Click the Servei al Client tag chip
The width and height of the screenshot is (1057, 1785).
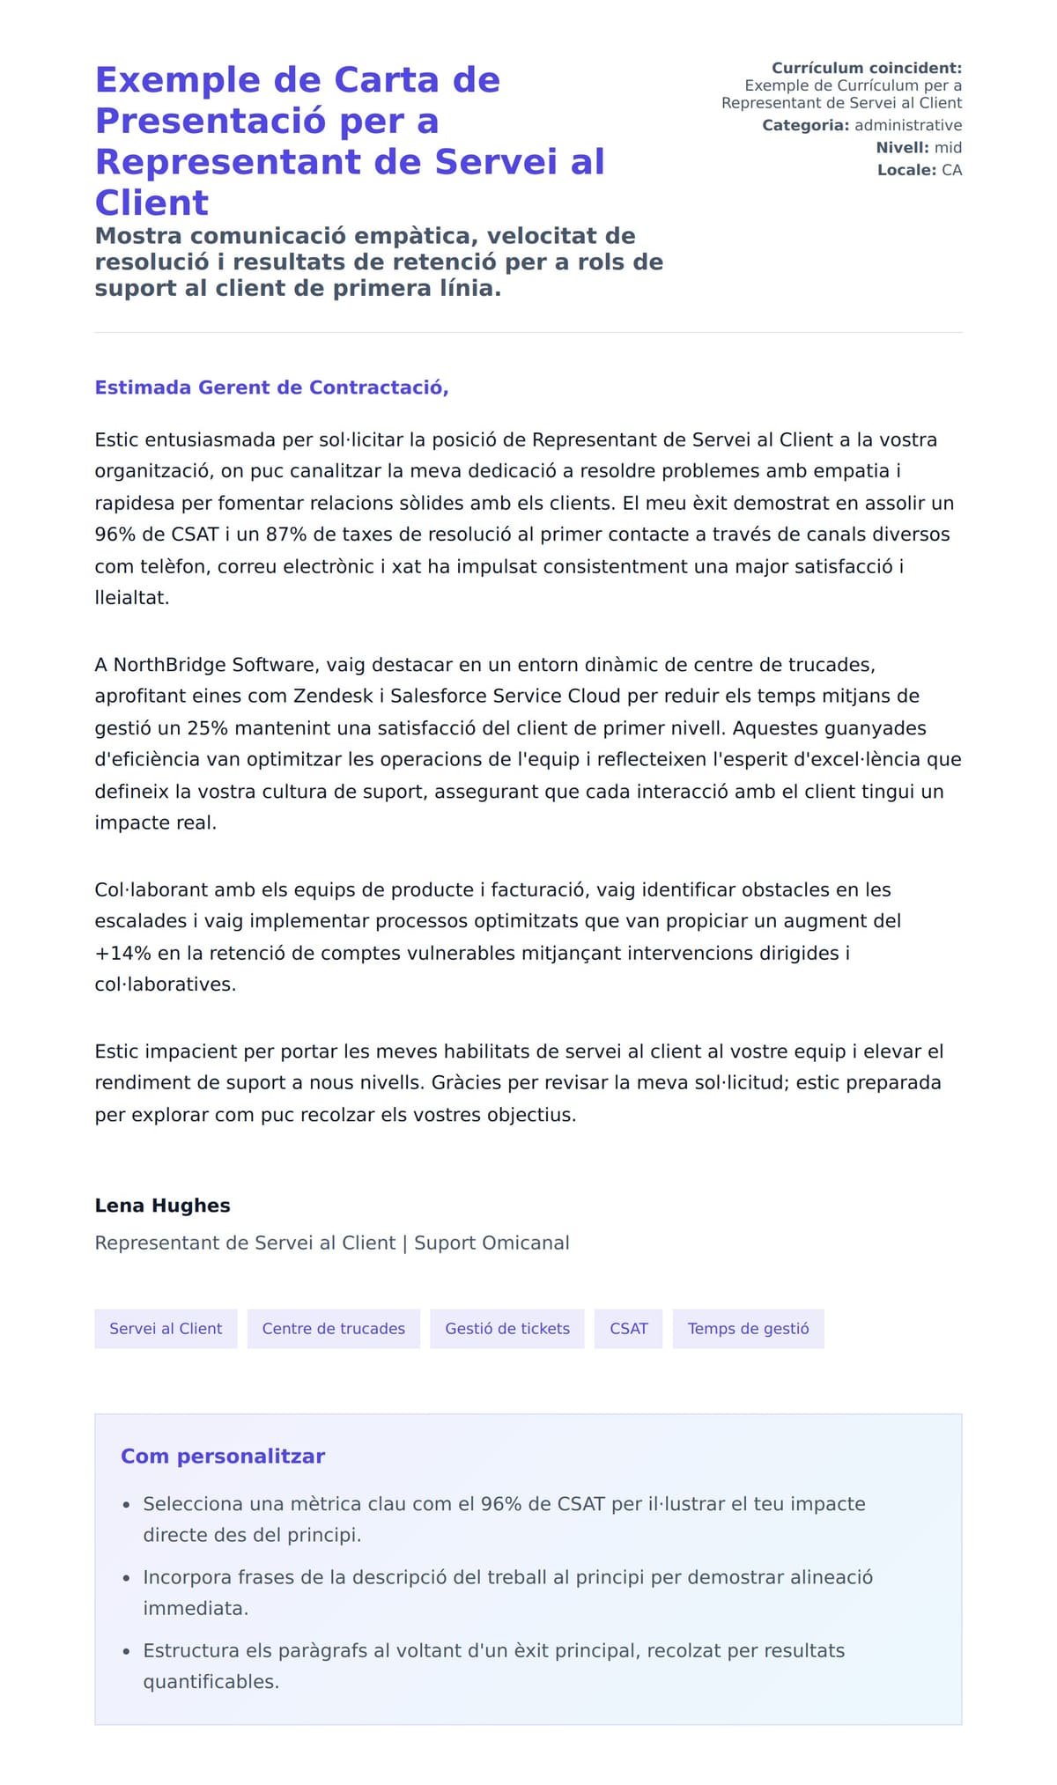click(x=166, y=1328)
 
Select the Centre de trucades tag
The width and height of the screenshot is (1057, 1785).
click(x=334, y=1328)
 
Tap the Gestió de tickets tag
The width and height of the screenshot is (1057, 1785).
click(x=507, y=1328)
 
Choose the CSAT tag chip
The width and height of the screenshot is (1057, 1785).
click(x=629, y=1328)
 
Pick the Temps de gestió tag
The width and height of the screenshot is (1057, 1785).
click(x=748, y=1328)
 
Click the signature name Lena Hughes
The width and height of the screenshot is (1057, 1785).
click(x=162, y=1206)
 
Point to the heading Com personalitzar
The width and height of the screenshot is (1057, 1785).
click(x=223, y=1456)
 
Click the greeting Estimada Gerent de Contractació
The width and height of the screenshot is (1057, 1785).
click(x=271, y=387)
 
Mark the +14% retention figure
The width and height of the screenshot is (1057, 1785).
click(x=123, y=953)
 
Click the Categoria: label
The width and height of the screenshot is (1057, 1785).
click(x=805, y=125)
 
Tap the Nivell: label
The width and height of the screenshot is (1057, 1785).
click(x=902, y=147)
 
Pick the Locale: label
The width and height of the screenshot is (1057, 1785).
click(x=906, y=170)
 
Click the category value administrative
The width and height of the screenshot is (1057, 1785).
click(x=908, y=125)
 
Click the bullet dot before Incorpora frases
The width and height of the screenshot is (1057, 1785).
click(x=127, y=1578)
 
